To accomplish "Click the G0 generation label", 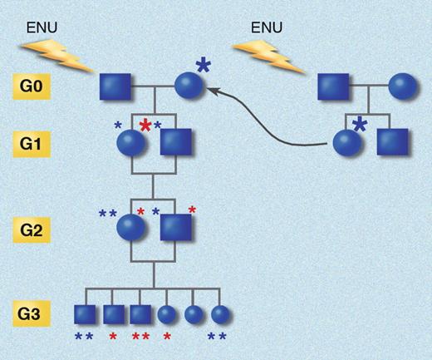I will [35, 86].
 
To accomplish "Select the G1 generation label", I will [35, 142].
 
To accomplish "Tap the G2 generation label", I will [35, 227].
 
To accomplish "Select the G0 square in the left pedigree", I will [114, 87].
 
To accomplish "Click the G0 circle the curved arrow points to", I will [189, 87].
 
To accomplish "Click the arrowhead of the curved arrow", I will [211, 95].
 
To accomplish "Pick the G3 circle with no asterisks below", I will [194, 314].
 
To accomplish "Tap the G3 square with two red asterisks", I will [140, 314].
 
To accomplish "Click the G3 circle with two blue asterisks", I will [219, 314].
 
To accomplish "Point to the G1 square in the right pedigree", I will [392, 143].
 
